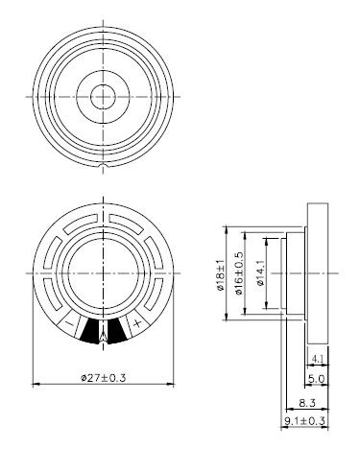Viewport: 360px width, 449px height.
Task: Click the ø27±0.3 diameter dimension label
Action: pyautogui.click(x=104, y=378)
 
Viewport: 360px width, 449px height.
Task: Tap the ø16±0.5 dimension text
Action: pyautogui.click(x=239, y=273)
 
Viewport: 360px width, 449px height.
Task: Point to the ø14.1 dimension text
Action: pyautogui.click(x=260, y=272)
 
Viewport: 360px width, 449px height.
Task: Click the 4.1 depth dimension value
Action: pyautogui.click(x=318, y=359)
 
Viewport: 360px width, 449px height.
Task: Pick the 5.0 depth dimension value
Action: pyautogui.click(x=316, y=379)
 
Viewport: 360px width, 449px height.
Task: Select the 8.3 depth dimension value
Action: pyautogui.click(x=307, y=403)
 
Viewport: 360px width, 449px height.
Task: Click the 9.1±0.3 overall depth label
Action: pyautogui.click(x=304, y=421)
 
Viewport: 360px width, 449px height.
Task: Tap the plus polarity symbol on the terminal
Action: pyautogui.click(x=137, y=323)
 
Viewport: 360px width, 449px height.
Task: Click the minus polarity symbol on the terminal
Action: pyautogui.click(x=69, y=323)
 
